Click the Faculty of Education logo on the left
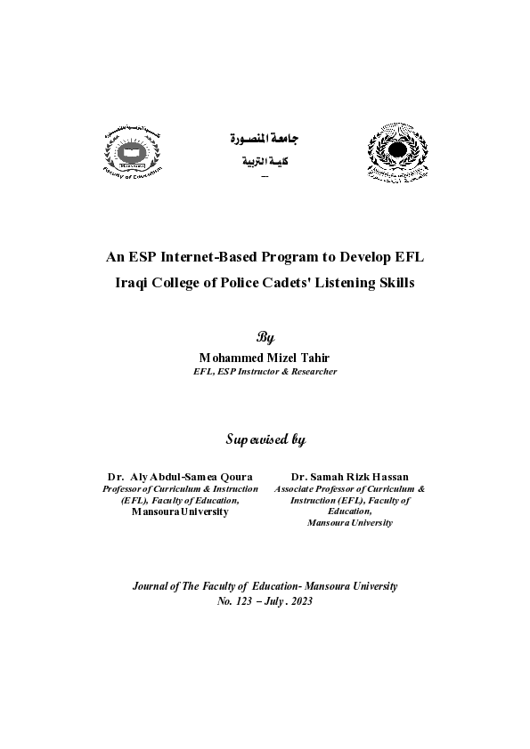point(132,153)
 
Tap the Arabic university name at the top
point(265,140)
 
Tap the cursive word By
point(265,338)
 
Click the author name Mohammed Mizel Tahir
point(265,357)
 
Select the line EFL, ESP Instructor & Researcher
point(265,371)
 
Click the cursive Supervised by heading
point(265,439)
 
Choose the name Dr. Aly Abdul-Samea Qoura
point(180,477)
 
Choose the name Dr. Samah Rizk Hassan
point(349,477)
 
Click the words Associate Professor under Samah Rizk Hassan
point(314,488)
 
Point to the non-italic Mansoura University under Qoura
point(180,511)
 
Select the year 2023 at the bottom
point(300,600)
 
